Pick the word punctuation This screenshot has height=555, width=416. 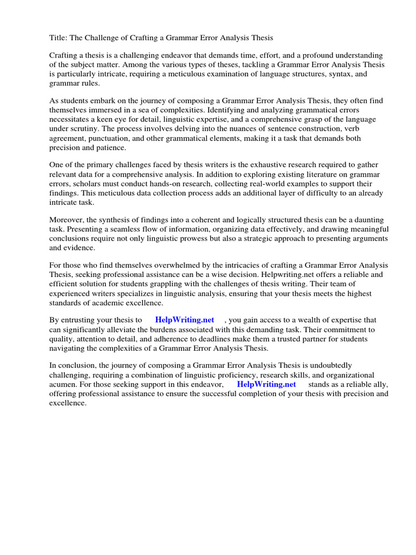[111, 138]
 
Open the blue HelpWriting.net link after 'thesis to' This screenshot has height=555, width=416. [184, 320]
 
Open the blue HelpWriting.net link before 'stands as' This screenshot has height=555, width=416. [266, 384]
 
